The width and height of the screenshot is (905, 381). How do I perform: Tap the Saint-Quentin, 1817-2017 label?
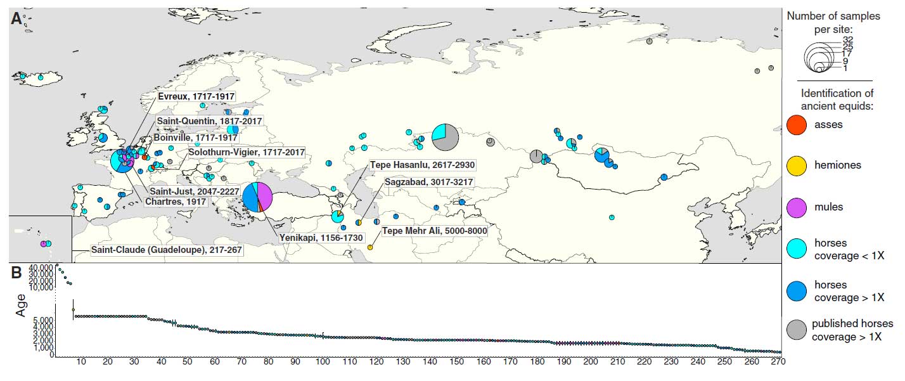pos(209,121)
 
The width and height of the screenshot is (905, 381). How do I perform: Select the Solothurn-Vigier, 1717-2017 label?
pos(247,153)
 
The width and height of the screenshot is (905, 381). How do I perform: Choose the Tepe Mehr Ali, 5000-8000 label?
pos(435,231)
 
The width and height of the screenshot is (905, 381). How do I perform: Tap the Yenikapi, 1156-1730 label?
pos(321,238)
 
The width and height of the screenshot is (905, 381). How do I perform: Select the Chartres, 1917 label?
pos(176,202)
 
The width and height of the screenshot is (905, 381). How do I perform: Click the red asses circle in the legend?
pos(797,125)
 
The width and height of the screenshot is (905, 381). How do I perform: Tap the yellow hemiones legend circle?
pos(797,165)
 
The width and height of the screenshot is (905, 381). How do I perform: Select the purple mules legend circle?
pos(797,207)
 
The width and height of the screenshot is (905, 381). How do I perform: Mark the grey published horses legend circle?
pos(797,330)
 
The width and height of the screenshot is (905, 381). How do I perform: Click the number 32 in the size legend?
pos(848,40)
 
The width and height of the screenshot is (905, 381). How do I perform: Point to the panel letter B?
pos(16,274)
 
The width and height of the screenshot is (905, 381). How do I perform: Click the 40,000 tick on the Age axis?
pos(40,267)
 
